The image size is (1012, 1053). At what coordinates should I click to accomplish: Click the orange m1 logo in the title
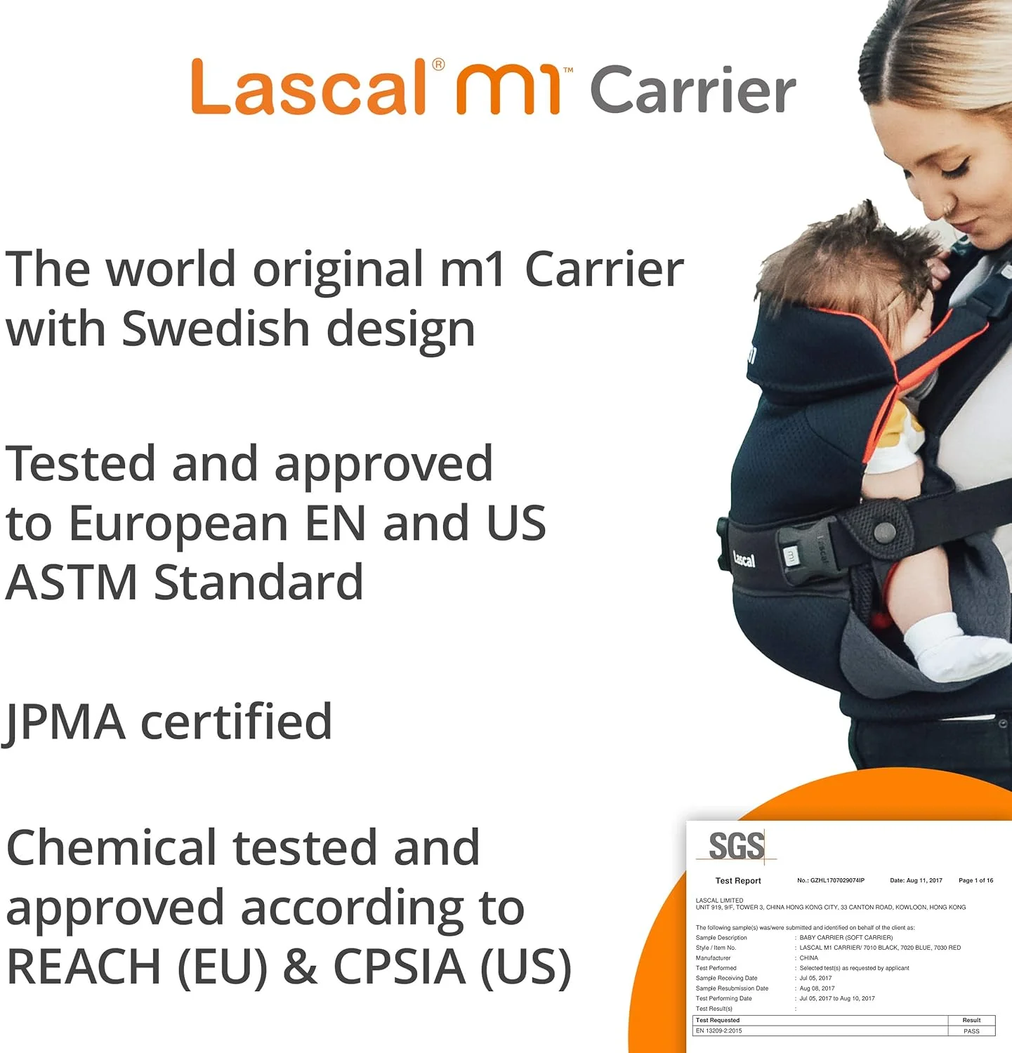[508, 90]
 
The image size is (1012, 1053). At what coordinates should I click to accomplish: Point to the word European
[178, 524]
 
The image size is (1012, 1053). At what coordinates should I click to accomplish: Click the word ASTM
[71, 583]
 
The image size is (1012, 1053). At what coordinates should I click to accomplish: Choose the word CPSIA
[399, 967]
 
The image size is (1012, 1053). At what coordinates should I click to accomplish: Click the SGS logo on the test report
[736, 845]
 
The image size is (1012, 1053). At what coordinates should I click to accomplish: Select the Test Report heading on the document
[737, 880]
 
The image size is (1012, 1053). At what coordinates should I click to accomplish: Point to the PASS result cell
[971, 1031]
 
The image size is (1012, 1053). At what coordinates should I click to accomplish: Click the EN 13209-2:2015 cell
[718, 1031]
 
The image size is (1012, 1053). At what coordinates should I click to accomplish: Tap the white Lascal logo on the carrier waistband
[744, 559]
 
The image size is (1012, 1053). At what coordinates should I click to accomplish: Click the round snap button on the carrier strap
[885, 531]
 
